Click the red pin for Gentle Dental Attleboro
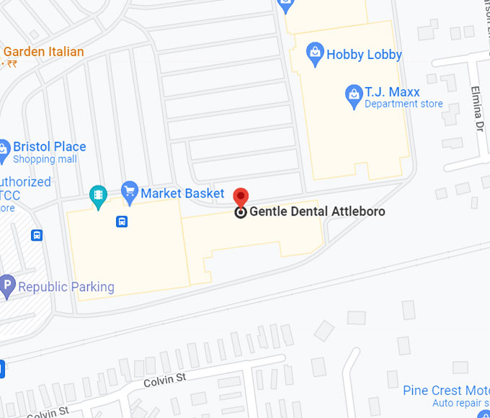pos(241,197)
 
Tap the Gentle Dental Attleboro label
pos(317,212)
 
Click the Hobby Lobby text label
pos(364,55)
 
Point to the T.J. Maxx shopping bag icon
pos(353,94)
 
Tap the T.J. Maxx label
pos(392,92)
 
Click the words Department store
pos(404,104)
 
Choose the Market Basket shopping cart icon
pos(130,191)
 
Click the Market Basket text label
pos(182,193)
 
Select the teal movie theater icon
pos(98,195)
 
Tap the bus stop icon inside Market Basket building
pos(122,221)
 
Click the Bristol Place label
pos(49,146)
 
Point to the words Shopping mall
pos(45,159)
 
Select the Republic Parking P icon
pos(7,286)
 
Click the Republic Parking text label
pos(66,287)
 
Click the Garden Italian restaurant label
pos(43,52)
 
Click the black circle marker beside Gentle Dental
pos(241,212)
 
